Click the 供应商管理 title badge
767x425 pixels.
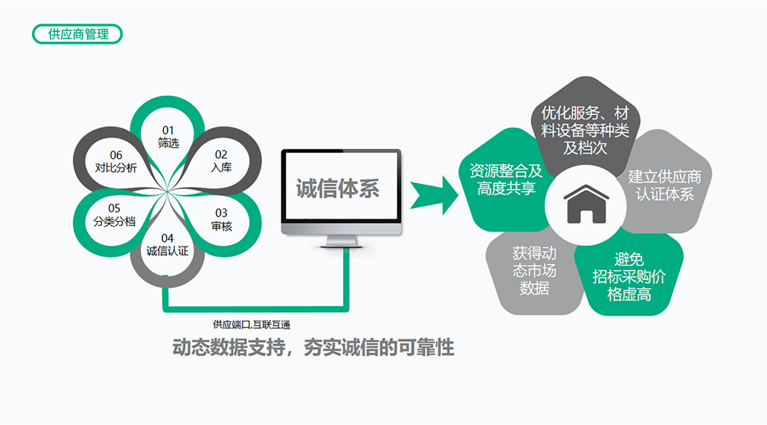[77, 34]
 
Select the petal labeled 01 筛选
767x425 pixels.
[168, 136]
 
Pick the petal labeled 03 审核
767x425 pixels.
[221, 219]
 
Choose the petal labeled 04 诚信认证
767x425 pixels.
[167, 245]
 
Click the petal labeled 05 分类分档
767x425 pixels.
[114, 215]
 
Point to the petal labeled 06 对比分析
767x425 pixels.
[115, 162]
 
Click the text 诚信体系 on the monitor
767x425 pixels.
[337, 189]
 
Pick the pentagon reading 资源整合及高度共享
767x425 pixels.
[502, 180]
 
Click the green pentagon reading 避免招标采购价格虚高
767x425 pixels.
[629, 276]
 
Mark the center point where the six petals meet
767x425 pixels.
[168, 191]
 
